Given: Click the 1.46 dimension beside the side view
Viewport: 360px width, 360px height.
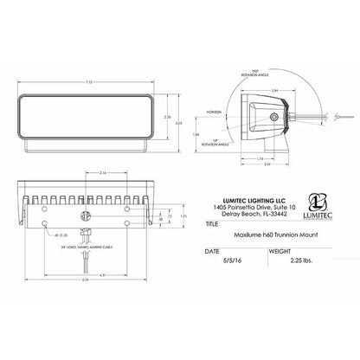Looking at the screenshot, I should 218,135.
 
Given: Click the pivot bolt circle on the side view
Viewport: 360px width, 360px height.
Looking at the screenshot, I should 274,114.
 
